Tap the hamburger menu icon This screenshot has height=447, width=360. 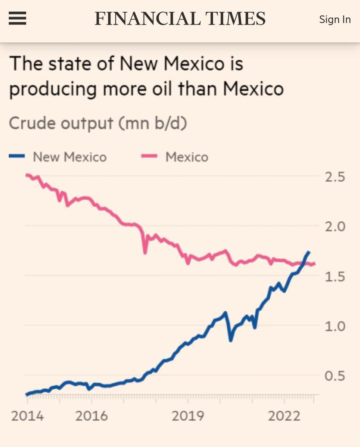(x=17, y=19)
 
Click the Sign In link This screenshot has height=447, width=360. (x=335, y=20)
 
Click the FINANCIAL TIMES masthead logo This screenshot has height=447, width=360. (x=180, y=19)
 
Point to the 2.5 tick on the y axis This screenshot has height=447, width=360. (x=335, y=177)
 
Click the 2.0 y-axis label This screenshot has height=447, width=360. (x=335, y=227)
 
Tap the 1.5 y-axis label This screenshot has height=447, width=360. (x=335, y=277)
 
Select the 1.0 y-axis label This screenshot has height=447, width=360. (x=335, y=326)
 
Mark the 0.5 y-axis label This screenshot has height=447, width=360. (x=335, y=376)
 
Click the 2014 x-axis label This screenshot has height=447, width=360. (x=27, y=416)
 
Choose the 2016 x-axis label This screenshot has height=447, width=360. (x=91, y=416)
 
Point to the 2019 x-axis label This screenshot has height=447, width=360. (x=188, y=416)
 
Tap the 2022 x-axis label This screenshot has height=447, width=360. (x=284, y=416)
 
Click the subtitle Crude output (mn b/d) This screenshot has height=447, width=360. (x=98, y=124)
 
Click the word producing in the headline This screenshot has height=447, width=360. (x=53, y=89)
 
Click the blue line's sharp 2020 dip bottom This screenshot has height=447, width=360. (x=231, y=340)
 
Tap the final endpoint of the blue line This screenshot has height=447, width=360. (x=309, y=252)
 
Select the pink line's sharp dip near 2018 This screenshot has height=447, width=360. (x=145, y=252)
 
